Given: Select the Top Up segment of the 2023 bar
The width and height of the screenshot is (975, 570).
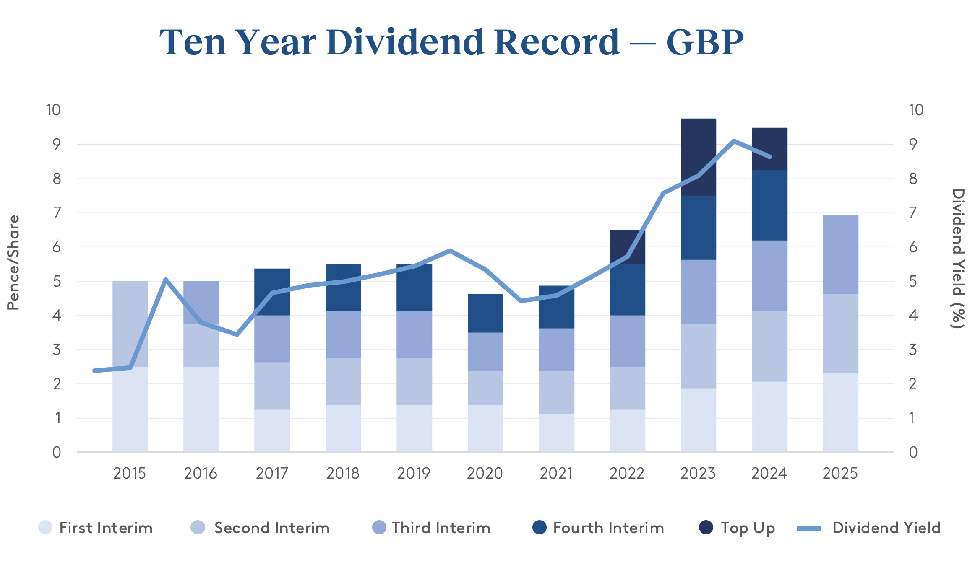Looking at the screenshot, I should point(698,157).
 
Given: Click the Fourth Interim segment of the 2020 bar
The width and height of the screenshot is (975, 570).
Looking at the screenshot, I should point(485,313).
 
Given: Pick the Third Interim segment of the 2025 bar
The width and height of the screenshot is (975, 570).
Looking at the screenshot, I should point(840,254).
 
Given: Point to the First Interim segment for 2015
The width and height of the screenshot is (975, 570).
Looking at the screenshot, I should point(130,409).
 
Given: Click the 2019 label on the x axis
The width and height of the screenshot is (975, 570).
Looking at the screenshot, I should point(414,473).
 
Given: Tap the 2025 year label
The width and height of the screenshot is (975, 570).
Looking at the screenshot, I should point(840,473).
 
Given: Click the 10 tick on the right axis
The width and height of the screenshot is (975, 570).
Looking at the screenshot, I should point(916,110).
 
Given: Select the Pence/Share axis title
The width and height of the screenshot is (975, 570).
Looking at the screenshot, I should point(13,263).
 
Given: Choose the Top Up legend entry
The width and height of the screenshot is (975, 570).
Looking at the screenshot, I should point(748,528).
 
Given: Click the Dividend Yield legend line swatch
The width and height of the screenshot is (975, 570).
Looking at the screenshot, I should point(808,528).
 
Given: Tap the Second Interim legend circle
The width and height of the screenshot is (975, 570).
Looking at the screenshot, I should point(198,527).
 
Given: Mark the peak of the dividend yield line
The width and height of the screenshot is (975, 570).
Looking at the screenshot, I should point(734,141).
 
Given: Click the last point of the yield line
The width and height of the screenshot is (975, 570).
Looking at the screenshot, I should point(769,157).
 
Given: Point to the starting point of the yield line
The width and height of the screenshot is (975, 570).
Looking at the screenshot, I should point(94,370).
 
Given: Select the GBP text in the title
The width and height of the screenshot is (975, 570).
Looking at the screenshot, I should point(705,42).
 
